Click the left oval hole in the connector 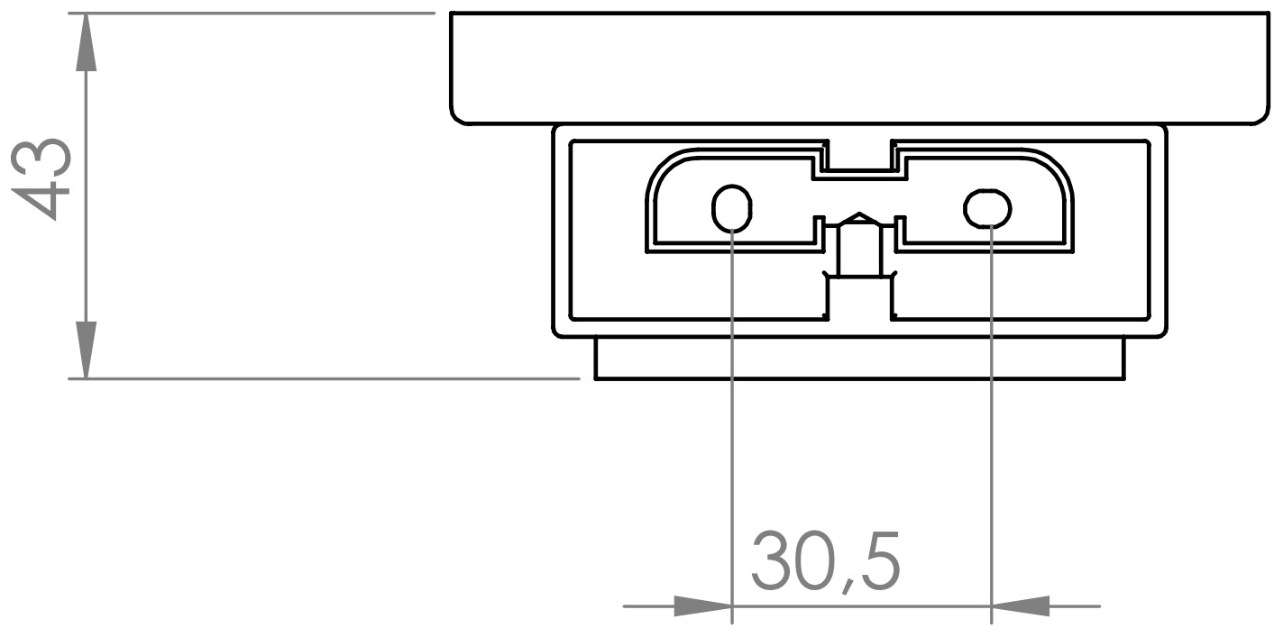(732, 209)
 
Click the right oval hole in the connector (988, 209)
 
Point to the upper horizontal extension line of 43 (252, 13)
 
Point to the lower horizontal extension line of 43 (325, 379)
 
